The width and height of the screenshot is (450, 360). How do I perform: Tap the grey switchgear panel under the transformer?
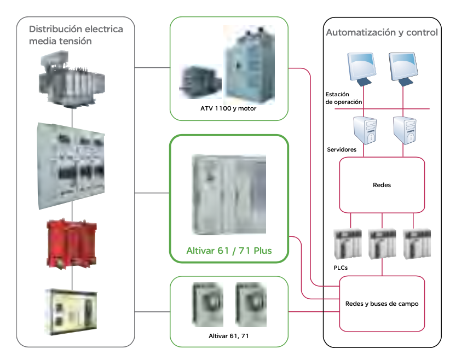coord(72,165)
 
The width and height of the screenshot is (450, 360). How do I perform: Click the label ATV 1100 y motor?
coord(228,108)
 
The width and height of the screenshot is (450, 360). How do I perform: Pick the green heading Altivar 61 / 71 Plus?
coord(229,251)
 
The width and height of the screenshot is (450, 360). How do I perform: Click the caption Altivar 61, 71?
coord(229,336)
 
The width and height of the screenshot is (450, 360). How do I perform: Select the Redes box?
coord(382,185)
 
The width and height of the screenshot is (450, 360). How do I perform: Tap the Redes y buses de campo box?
coord(382,304)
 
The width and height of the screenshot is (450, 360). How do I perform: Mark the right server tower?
coord(405,131)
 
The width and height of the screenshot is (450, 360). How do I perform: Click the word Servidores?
coord(342,149)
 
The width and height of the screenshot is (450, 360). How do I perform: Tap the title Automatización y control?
coord(382,32)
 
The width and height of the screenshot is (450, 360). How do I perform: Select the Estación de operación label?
coord(343,98)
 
